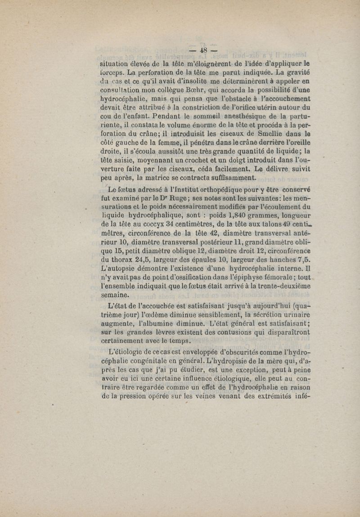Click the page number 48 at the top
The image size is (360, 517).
click(203, 50)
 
